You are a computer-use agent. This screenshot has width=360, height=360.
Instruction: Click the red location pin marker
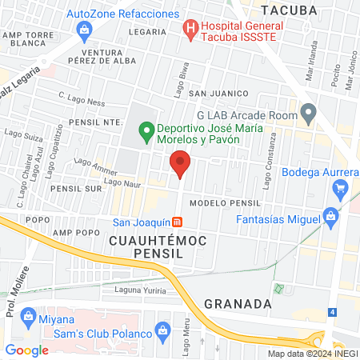coord(181,164)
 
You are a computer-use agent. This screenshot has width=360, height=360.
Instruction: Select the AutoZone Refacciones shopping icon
coord(85,30)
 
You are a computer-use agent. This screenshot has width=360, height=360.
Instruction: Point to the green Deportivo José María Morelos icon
coord(146,129)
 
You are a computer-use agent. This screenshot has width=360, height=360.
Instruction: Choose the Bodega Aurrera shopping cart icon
coord(340,188)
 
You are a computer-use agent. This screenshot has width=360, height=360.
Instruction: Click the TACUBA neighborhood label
coord(289,10)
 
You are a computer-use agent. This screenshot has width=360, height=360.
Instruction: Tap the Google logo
coord(26,350)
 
